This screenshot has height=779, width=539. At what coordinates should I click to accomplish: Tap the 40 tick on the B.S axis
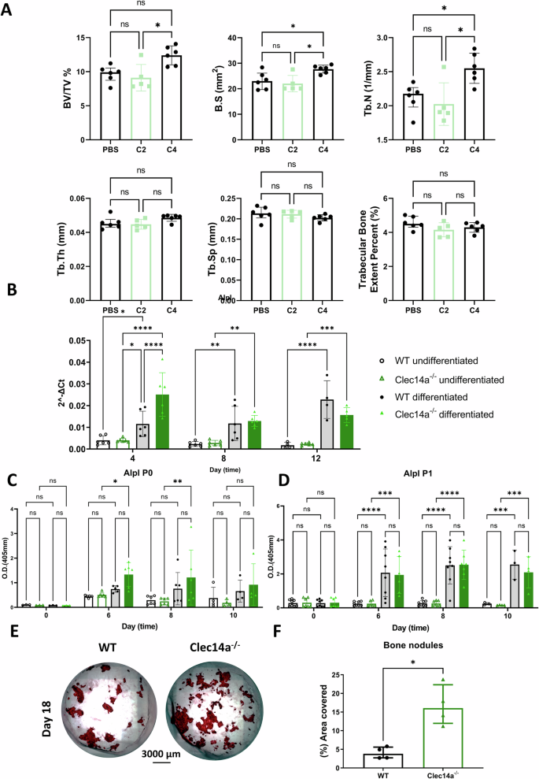tap(264, 39)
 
